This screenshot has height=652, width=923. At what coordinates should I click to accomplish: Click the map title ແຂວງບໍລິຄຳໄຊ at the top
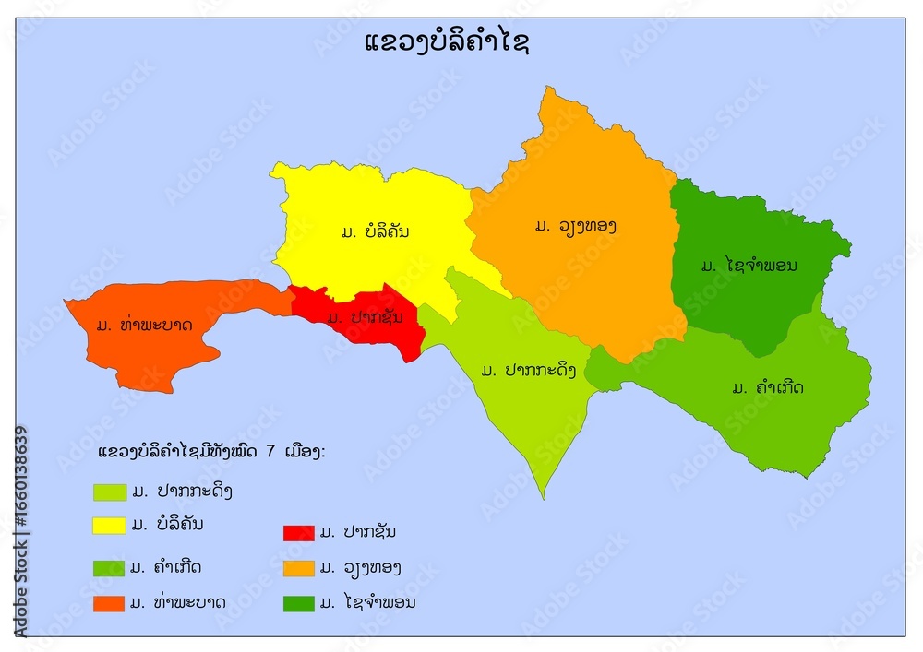(448, 43)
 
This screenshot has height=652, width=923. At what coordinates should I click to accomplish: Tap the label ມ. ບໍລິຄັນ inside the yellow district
(374, 231)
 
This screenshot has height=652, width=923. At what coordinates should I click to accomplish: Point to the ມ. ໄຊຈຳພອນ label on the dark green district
(749, 266)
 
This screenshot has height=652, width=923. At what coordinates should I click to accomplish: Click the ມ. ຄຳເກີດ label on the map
(767, 387)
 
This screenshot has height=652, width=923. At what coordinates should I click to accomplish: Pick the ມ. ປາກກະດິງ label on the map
(529, 371)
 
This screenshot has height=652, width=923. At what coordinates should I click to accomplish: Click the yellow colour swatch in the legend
(109, 526)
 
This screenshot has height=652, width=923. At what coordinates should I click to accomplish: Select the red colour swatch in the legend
(298, 533)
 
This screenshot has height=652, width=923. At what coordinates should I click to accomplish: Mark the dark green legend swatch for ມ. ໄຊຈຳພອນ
(298, 604)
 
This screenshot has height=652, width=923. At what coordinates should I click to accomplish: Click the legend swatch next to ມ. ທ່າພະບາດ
(109, 604)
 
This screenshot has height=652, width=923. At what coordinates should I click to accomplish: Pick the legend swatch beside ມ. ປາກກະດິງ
(109, 492)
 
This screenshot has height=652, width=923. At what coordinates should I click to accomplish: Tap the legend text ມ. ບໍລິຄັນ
(167, 525)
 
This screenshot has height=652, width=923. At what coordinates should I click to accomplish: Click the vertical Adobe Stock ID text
(21, 530)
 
